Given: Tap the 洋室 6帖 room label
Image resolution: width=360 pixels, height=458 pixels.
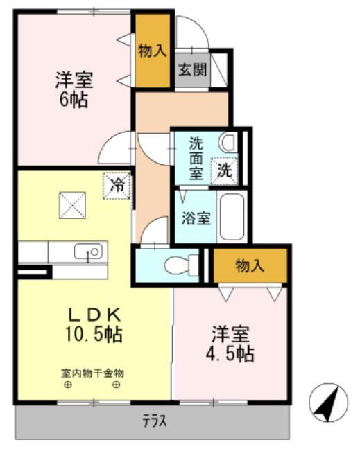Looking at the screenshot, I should pyautogui.click(x=74, y=89).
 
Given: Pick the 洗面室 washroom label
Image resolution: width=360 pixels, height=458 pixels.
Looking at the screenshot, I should pyautogui.click(x=198, y=159).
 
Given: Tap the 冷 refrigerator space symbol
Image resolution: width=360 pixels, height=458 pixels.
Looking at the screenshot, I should pyautogui.click(x=117, y=185).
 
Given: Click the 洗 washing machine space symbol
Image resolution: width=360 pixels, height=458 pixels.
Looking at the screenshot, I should pyautogui.click(x=226, y=168).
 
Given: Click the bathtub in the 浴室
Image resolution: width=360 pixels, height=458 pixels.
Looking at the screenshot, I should pyautogui.click(x=232, y=215).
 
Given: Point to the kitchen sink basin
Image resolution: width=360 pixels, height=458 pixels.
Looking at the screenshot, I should pyautogui.click(x=88, y=250).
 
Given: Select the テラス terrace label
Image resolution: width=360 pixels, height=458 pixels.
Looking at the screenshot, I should pyautogui.click(x=154, y=421).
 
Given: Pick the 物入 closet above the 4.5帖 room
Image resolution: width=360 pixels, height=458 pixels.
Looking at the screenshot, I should pyautogui.click(x=250, y=265).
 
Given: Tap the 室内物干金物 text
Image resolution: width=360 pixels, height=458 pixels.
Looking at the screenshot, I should pyautogui.click(x=92, y=373).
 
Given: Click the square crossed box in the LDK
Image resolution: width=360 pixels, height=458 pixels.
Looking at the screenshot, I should pyautogui.click(x=71, y=204).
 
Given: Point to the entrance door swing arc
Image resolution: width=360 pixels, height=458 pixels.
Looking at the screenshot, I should pyautogui.click(x=189, y=31).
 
